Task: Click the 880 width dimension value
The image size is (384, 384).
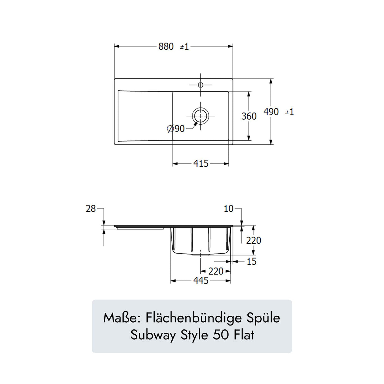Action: pos(166,46)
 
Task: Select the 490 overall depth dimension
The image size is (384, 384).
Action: pos(271,112)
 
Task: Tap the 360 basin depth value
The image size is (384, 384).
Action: pos(249,116)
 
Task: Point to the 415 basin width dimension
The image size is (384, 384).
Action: pos(201,164)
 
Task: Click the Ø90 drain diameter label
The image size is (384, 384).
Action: pos(176,129)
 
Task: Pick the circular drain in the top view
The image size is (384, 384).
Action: pos(201,116)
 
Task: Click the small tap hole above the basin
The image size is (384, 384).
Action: pos(201,85)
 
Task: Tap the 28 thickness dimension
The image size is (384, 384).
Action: pos(91,209)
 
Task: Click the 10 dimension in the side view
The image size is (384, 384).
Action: pos(228,209)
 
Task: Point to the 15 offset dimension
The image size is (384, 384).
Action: pos(251,262)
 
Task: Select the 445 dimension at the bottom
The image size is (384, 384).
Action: pos(201,281)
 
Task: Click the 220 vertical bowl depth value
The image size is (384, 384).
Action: pos(254,240)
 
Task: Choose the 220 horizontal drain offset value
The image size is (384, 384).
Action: pos(216,271)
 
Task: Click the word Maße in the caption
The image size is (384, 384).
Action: pos(121,318)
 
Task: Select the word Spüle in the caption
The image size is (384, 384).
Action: pos(263,318)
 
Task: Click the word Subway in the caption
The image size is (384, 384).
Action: pos(153,335)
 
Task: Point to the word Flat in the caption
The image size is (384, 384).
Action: pos(244,335)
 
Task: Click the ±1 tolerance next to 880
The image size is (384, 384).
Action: pos(184,47)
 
